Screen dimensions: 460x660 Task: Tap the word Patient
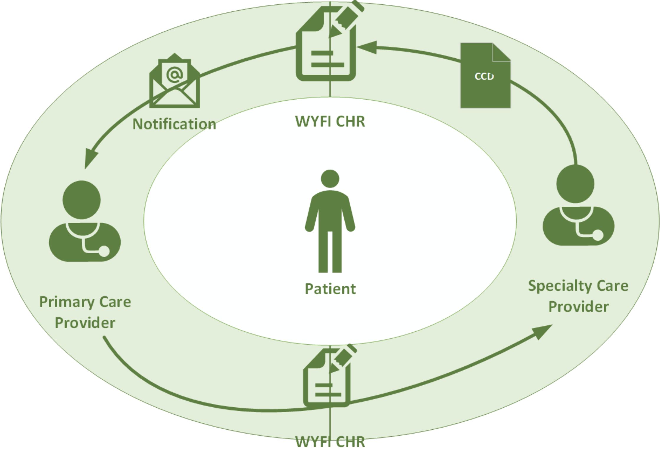click(330, 289)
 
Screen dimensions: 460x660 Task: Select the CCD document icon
click(485, 76)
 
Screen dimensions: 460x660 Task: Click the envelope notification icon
click(175, 81)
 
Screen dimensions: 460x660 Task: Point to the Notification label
click(174, 124)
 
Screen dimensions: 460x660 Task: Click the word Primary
click(66, 302)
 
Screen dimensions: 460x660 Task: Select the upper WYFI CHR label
click(330, 121)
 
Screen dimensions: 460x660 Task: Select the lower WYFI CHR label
click(330, 442)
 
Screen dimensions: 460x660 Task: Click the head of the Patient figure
click(330, 179)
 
